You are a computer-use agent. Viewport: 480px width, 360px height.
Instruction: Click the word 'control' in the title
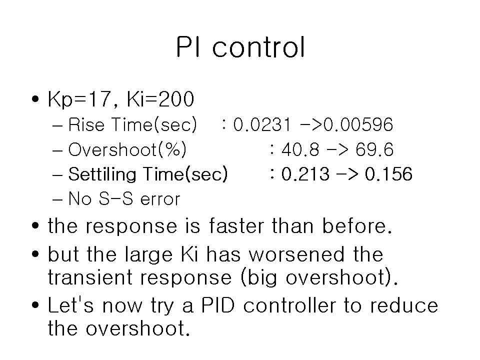pos(258,47)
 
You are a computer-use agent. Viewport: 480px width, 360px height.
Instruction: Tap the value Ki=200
pos(160,99)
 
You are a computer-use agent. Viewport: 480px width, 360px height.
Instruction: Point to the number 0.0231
pos(261,124)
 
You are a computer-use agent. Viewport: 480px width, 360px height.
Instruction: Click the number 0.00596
pos(358,124)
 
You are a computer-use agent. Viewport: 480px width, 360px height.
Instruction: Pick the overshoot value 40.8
pos(300,149)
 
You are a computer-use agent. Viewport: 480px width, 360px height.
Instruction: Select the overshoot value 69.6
pos(374,149)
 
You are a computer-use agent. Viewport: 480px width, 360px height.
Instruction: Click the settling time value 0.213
pos(305,174)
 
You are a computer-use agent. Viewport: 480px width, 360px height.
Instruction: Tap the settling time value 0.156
pos(388,174)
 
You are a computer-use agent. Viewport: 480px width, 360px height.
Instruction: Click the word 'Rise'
pos(86,124)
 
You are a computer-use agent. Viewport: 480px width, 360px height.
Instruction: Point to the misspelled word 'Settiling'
pos(102,175)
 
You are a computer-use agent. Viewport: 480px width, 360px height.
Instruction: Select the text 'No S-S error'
pos(124,198)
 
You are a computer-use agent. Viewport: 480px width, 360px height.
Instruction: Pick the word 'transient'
pos(90,277)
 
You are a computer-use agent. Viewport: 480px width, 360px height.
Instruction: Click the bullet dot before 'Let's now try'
pos(35,305)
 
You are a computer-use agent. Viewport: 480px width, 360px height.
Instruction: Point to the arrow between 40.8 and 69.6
pos(337,150)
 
